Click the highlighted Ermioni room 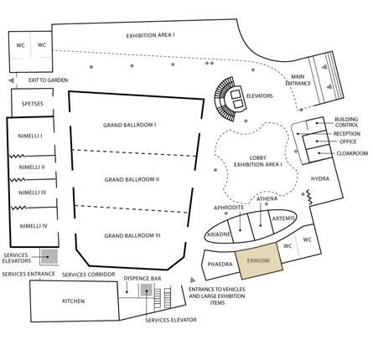click(x=259, y=261)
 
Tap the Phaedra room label click(x=220, y=265)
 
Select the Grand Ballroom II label click(x=132, y=179)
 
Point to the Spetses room click(x=32, y=103)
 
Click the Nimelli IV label click(x=34, y=226)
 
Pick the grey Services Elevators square click(x=49, y=257)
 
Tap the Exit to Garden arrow click(x=11, y=80)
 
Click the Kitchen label click(x=73, y=301)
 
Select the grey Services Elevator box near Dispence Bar click(x=147, y=291)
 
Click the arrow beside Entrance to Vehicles click(x=193, y=280)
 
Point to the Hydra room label click(x=320, y=178)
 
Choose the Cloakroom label click(x=352, y=153)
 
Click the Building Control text click(x=346, y=122)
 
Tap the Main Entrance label click(x=298, y=80)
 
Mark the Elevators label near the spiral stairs click(x=260, y=96)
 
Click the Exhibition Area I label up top click(x=151, y=36)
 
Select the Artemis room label click(x=283, y=219)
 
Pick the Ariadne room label click(x=219, y=234)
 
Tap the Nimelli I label click(x=30, y=136)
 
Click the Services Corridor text click(x=89, y=275)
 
